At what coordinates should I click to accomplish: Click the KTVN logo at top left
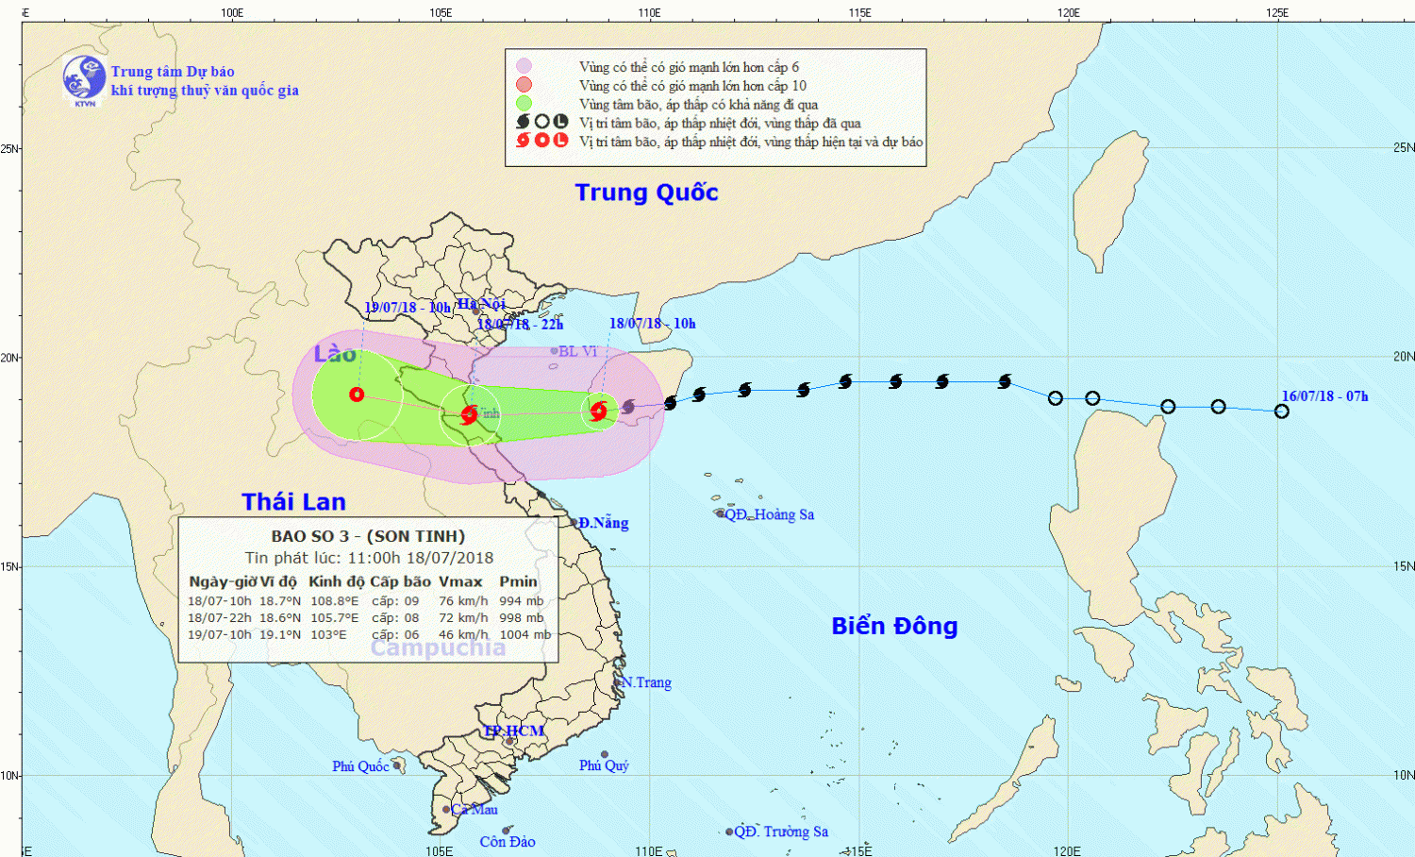pos(84,78)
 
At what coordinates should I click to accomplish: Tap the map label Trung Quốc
pos(646,193)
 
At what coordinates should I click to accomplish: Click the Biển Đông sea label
pos(894,626)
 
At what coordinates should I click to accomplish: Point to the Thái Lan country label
pos(293,502)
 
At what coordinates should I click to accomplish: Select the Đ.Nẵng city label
pos(603,523)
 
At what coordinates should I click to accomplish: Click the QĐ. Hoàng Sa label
pos(769,514)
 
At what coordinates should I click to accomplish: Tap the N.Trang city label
pos(646,682)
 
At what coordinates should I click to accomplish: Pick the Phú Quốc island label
pos(360,766)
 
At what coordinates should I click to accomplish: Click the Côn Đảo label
pos(507,842)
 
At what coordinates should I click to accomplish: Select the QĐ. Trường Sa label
pos(781,832)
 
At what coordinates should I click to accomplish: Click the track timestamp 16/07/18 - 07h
pos(1324,396)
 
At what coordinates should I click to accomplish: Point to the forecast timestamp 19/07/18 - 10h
pos(407,308)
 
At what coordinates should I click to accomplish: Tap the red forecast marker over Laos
pos(357,395)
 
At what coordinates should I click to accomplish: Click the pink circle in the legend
pos(524,66)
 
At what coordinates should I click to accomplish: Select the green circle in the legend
pos(524,104)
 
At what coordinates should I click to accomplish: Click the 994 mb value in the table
pos(521,601)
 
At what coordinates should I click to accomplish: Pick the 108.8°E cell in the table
pos(334,601)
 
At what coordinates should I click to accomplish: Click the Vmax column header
pos(460,581)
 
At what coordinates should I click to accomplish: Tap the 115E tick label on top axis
pos(859,12)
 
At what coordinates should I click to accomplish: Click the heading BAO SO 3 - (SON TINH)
pos(368,536)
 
